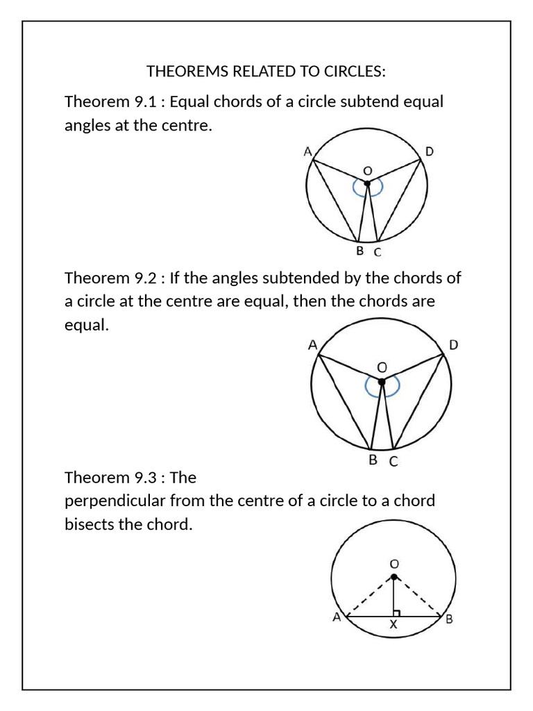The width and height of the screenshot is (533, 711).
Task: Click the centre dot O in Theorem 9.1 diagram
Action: pyautogui.click(x=367, y=183)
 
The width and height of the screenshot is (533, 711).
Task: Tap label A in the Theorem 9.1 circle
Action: pyautogui.click(x=307, y=151)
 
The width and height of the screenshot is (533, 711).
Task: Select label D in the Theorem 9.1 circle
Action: pyautogui.click(x=429, y=151)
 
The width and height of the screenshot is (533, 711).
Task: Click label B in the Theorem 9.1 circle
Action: pyautogui.click(x=359, y=251)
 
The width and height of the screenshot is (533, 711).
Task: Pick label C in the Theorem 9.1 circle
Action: pyautogui.click(x=378, y=252)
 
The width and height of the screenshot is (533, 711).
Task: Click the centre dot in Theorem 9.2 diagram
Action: pyautogui.click(x=381, y=381)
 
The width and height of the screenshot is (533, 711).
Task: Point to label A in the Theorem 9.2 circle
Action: pyautogui.click(x=312, y=344)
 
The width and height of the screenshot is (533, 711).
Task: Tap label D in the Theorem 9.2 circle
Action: pyautogui.click(x=454, y=345)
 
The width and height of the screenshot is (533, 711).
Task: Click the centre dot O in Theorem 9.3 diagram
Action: pyautogui.click(x=394, y=576)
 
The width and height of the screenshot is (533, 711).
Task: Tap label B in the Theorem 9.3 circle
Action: pyautogui.click(x=449, y=619)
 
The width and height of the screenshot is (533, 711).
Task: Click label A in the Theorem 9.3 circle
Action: pyautogui.click(x=337, y=617)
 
